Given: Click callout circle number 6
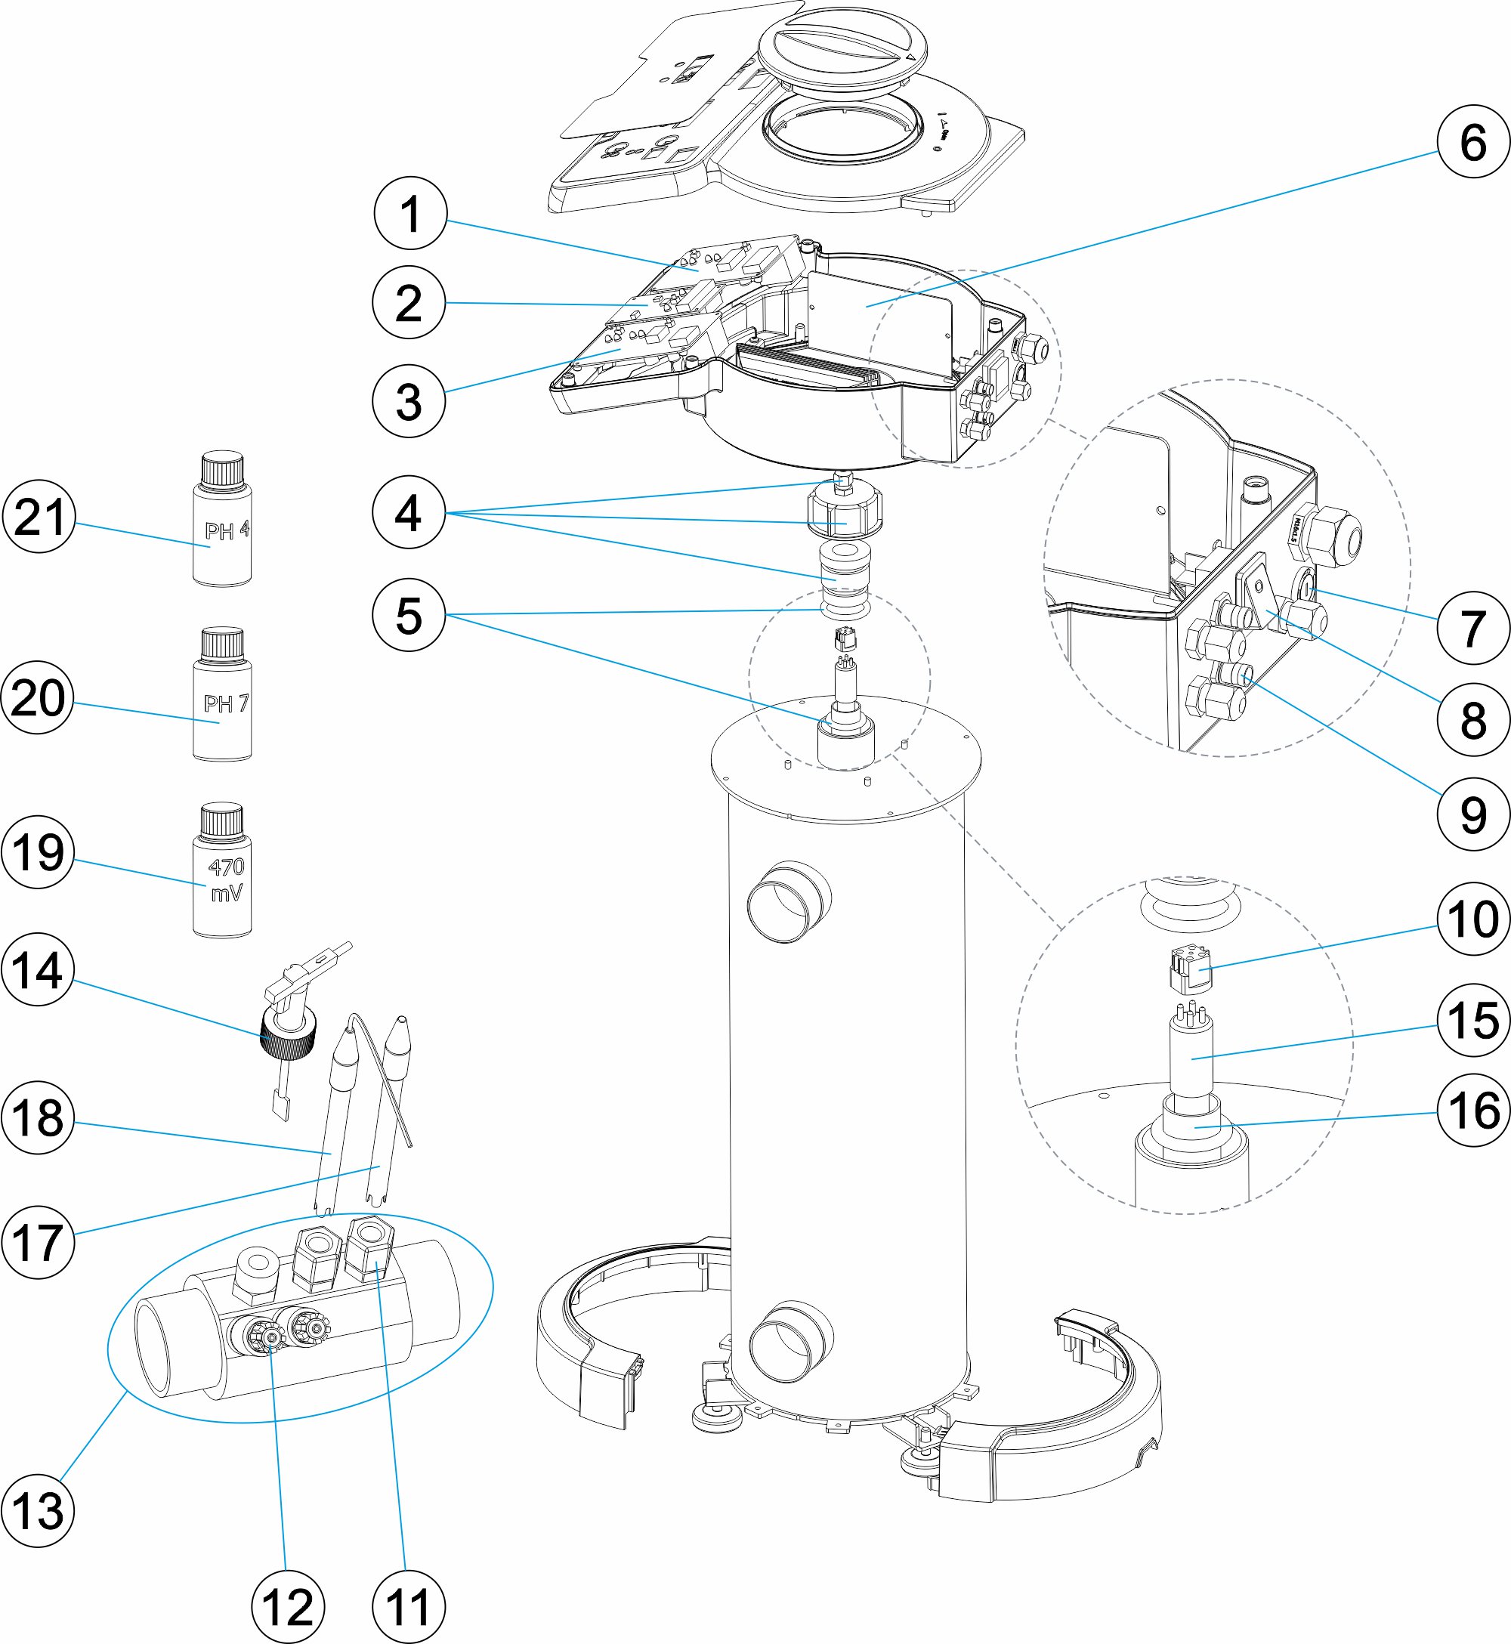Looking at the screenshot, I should pos(1472,141).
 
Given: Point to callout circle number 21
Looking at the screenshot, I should pos(39,517).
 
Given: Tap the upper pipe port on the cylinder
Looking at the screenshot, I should pos(788,901).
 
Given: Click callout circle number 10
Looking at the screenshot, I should pos(1472,919).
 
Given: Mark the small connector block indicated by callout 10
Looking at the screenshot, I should pos(1189,969).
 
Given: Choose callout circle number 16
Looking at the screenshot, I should pos(1472,1110).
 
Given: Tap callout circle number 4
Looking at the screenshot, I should pos(408,512).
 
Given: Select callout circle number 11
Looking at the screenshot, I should pos(408,1607).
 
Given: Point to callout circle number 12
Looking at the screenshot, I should pos(288,1607).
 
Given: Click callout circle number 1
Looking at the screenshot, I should pos(410,213).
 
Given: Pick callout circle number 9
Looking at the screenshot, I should pos(1472,814).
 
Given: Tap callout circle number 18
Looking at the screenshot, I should pos(38,1117).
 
